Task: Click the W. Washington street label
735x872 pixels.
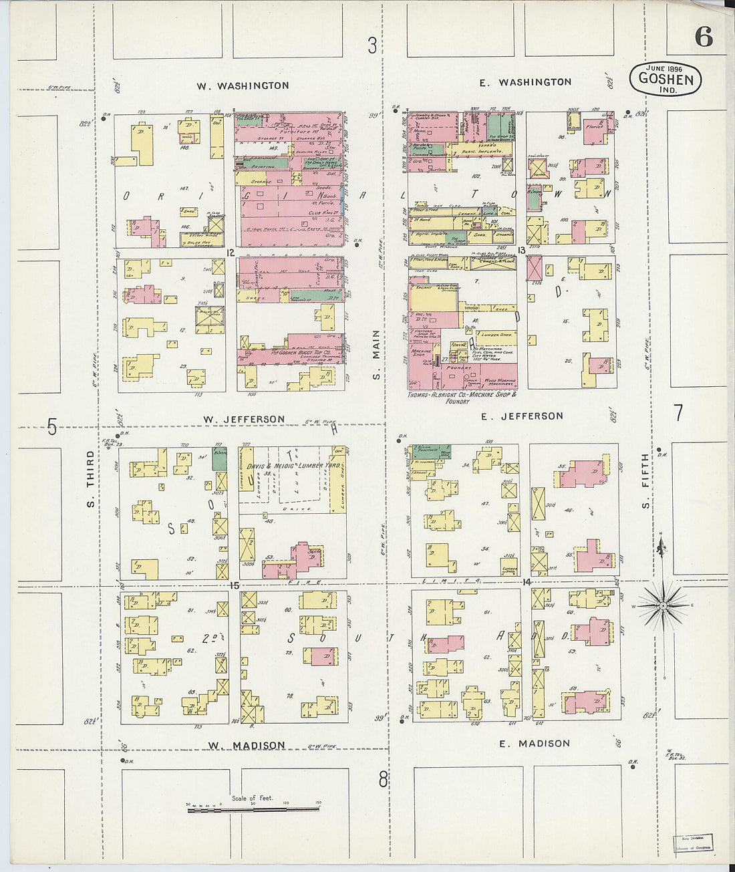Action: tap(243, 86)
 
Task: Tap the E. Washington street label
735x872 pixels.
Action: tap(526, 82)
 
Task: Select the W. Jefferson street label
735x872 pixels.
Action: tap(244, 419)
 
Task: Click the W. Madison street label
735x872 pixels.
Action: tap(246, 745)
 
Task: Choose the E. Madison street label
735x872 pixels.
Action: tap(534, 743)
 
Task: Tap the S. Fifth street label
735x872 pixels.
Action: tap(645, 481)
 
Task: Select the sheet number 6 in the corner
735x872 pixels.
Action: tap(703, 37)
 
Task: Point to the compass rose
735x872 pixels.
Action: tap(661, 606)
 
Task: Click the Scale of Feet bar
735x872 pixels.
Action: tap(254, 809)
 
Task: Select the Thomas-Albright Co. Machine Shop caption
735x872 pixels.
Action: tap(462, 395)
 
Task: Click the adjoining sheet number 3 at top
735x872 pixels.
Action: tap(372, 45)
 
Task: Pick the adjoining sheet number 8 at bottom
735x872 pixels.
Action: tap(383, 779)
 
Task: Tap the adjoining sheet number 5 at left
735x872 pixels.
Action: tap(52, 427)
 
